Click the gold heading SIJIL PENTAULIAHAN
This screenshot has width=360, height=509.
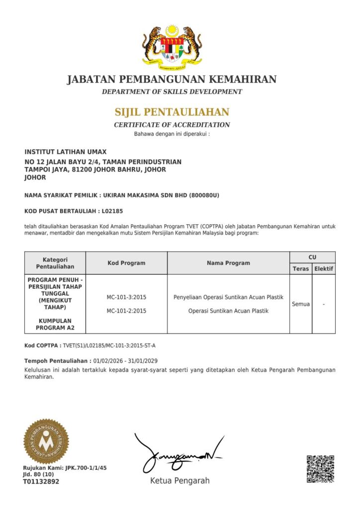tap(172, 112)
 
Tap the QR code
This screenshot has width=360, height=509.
tap(320, 469)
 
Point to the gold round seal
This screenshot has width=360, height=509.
tap(46, 441)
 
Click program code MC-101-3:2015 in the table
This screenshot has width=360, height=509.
tap(126, 297)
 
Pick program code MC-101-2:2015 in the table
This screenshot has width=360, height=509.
tap(126, 311)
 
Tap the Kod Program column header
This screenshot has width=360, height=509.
tap(126, 263)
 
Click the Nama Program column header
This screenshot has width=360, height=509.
tap(228, 263)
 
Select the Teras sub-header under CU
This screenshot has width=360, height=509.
tap(301, 269)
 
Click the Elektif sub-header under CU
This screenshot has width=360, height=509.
tap(324, 269)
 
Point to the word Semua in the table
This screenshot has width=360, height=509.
tap(301, 304)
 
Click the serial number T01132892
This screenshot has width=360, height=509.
tap(41, 482)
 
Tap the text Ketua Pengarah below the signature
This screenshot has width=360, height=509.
tap(180, 481)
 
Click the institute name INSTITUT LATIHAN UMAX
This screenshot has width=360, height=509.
tap(66, 152)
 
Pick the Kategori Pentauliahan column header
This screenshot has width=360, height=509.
tap(55, 263)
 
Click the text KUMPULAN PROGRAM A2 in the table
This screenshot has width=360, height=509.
tap(55, 324)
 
